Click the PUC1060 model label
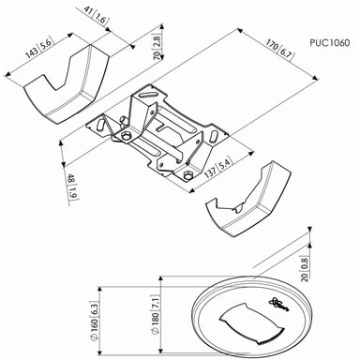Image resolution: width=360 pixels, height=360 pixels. pos(330,42)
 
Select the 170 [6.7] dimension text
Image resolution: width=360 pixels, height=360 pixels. pos(279,50)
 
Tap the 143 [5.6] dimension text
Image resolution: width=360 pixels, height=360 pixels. pos(39,48)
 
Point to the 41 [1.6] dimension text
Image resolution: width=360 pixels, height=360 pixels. pos(96,15)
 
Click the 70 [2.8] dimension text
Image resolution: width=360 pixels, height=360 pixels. pos(157,47)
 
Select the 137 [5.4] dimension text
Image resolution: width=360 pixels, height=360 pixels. pos(218,168)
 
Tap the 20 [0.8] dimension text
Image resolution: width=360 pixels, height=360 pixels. pos(305,269)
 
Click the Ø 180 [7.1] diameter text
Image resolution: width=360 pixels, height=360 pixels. pos(156,314)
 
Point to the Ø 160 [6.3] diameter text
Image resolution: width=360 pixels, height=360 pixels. pos(94,321)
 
